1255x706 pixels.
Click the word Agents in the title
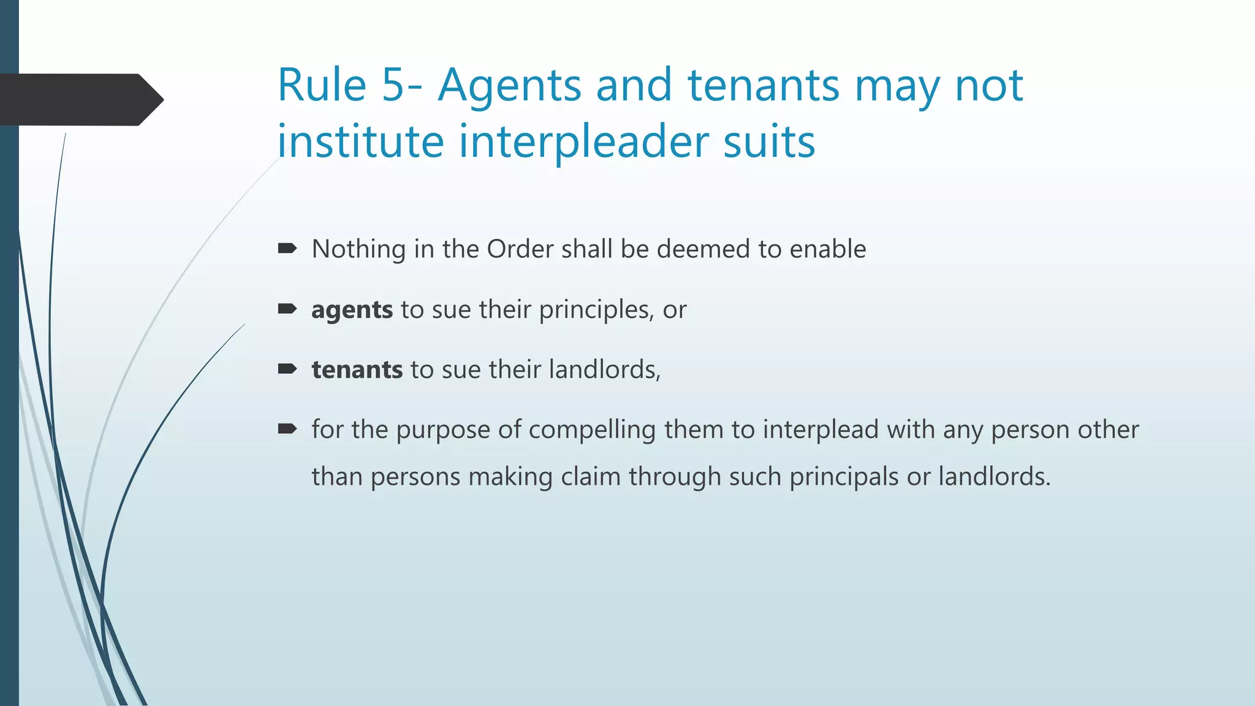(509, 86)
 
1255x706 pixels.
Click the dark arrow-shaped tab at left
(80, 99)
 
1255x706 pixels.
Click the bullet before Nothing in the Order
(287, 248)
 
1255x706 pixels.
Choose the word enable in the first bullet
(828, 249)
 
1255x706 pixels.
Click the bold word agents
(352, 310)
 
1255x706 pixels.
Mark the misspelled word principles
(594, 310)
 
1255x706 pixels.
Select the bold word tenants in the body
(357, 370)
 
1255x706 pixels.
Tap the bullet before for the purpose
(287, 428)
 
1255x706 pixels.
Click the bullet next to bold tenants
(287, 368)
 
